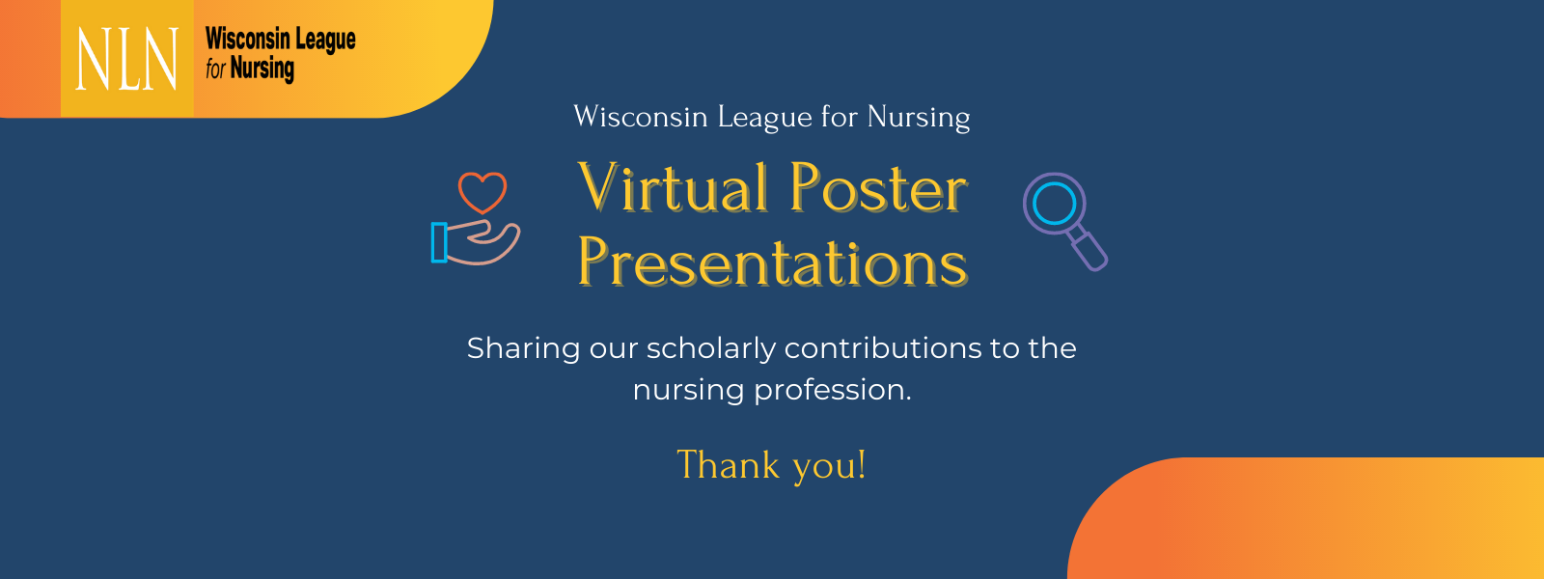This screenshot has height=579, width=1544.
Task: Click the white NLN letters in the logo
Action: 126,59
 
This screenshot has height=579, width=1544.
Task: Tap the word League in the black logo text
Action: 325,40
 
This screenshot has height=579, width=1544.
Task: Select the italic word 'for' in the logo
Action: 215,69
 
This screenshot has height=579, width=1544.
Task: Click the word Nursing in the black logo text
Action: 262,69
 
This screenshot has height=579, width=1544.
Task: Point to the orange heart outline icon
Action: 482,191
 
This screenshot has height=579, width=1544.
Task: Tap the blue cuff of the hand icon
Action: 439,242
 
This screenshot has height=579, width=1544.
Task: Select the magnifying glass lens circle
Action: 1054,204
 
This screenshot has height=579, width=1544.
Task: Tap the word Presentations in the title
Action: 772,262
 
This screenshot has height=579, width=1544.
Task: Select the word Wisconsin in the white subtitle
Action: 641,117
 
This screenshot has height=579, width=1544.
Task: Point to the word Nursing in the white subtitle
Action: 918,118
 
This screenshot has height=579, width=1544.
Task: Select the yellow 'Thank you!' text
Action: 771,465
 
